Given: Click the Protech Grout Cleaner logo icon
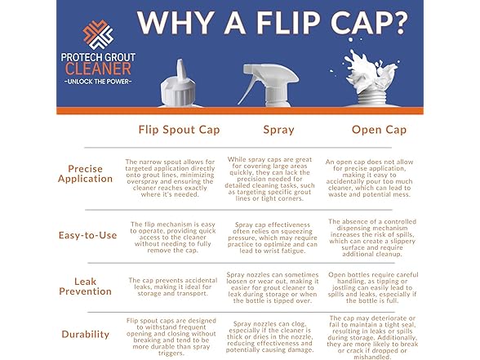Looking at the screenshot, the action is [98, 34].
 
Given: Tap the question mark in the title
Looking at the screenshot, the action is [396, 22].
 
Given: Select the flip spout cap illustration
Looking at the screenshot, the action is [180, 83].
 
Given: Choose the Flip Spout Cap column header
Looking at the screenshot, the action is [179, 130].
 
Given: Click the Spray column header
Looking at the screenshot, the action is [278, 130].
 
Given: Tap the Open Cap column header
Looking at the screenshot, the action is [379, 130].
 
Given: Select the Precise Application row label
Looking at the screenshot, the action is [85, 174].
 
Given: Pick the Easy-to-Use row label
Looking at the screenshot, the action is [87, 235].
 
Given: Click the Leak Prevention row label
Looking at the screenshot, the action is [85, 287].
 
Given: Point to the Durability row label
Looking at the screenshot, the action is [85, 335].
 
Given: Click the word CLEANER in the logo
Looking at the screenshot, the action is [98, 69].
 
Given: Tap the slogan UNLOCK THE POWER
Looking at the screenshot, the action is [98, 82].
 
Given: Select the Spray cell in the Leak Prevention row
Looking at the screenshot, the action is [272, 287].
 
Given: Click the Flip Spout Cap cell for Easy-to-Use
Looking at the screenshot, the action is [173, 238].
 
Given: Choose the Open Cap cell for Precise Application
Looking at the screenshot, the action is [369, 178].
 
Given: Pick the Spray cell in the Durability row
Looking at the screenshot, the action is [269, 336].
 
